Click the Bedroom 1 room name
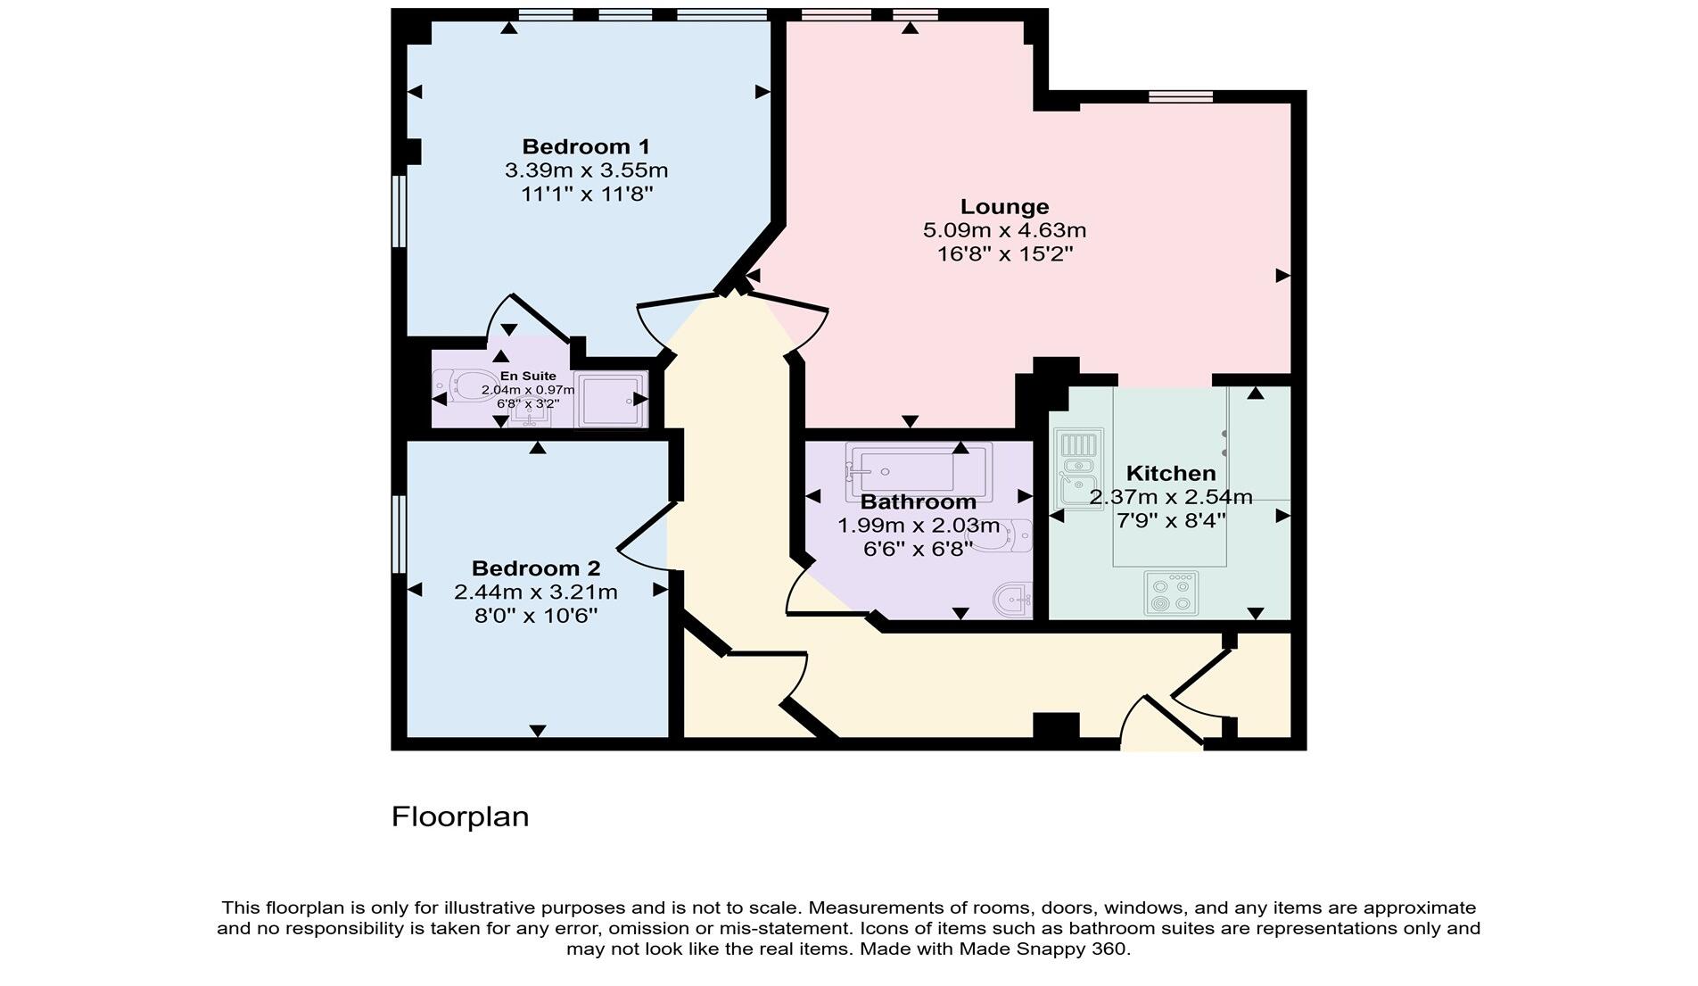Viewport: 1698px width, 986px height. click(586, 146)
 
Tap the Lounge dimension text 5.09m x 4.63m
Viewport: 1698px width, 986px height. click(1004, 230)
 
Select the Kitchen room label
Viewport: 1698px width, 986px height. click(1170, 473)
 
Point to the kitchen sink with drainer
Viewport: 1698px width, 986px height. click(1077, 468)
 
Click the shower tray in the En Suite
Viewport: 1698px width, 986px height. click(611, 400)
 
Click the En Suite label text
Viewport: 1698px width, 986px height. click(528, 376)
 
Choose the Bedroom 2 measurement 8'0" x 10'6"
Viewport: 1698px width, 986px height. click(535, 616)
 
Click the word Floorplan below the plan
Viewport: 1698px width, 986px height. click(460, 816)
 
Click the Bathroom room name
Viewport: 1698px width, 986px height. click(918, 501)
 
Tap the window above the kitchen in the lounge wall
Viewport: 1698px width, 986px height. click(1180, 96)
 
